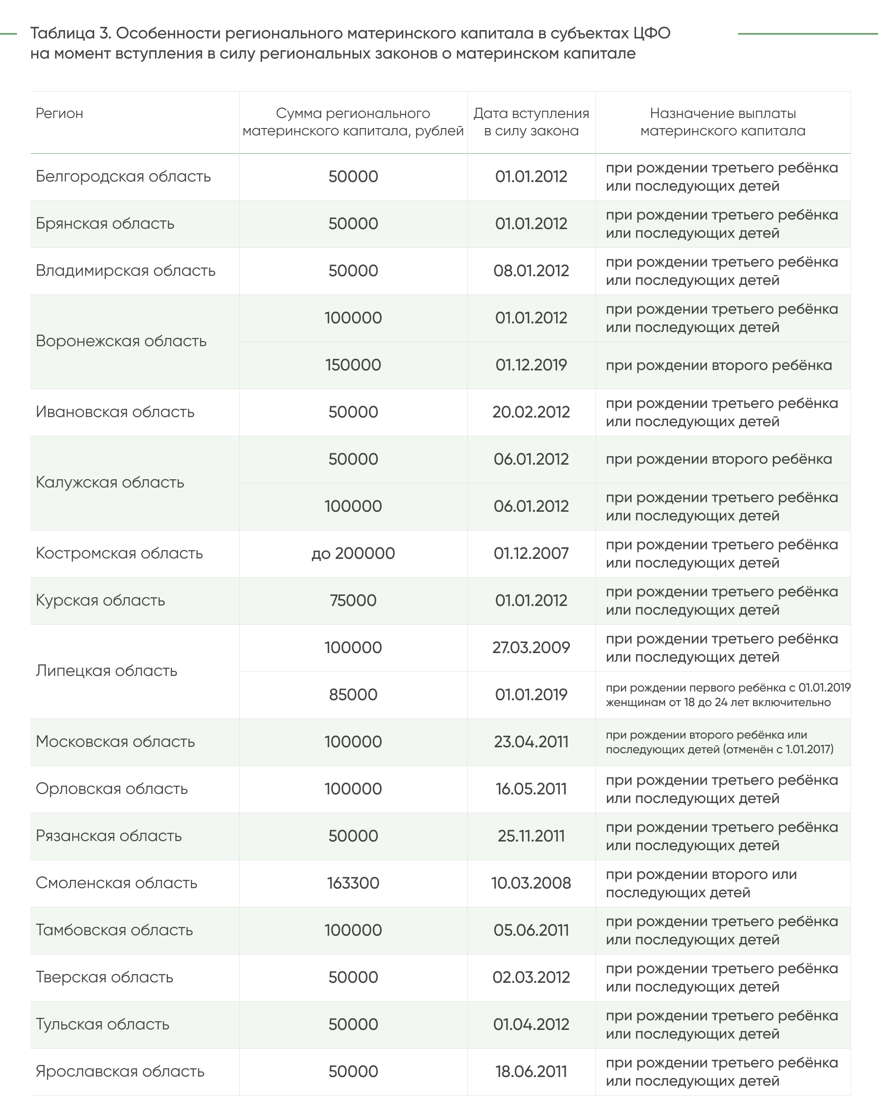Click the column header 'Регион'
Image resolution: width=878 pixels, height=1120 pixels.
tap(59, 113)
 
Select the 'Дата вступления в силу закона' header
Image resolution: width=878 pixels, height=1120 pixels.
tap(531, 122)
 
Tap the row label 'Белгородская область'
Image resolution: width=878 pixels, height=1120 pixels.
tap(123, 177)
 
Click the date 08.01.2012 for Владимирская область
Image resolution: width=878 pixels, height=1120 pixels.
tap(531, 270)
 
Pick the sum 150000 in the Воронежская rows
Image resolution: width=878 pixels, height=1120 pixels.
tap(353, 365)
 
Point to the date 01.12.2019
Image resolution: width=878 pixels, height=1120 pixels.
tap(531, 365)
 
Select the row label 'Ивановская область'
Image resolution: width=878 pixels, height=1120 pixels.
tap(115, 412)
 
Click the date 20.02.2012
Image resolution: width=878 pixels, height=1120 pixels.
tap(531, 412)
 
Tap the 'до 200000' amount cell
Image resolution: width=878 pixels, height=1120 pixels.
tap(353, 553)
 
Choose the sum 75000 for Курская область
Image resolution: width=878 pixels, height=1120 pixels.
tap(353, 600)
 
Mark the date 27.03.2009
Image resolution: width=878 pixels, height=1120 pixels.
tap(531, 647)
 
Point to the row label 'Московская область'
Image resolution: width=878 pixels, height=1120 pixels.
tap(115, 742)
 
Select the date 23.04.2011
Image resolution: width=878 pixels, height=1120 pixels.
tap(531, 742)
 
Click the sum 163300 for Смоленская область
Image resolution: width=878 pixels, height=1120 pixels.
tap(353, 883)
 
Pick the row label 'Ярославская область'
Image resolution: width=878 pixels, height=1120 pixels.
tap(120, 1071)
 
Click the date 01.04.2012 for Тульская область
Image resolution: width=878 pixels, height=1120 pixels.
tap(531, 1024)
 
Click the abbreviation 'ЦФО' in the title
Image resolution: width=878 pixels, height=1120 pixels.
tap(651, 33)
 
